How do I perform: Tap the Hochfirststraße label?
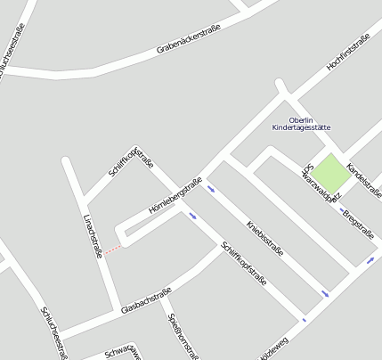(348, 53)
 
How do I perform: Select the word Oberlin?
(302, 120)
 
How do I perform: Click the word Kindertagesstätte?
(302, 128)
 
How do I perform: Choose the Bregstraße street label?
(357, 223)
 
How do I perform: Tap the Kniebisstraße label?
(264, 238)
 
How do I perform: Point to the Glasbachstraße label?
(145, 302)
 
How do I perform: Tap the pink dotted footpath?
(113, 250)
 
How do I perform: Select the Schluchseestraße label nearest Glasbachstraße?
(54, 332)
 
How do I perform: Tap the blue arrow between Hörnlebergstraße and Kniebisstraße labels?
(211, 188)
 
